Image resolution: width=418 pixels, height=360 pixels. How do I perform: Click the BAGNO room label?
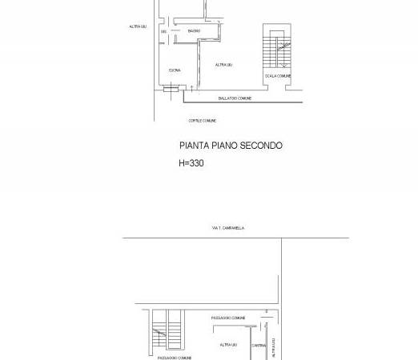(x=195, y=31)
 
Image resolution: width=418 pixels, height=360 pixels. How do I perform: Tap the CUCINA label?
(x=175, y=70)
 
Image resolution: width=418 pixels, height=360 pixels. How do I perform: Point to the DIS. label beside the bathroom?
(x=163, y=31)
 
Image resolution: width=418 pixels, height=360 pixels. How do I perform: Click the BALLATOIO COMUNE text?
(x=235, y=98)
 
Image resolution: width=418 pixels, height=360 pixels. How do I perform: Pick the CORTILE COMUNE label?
(x=202, y=121)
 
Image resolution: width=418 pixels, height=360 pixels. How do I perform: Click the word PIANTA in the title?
(x=195, y=146)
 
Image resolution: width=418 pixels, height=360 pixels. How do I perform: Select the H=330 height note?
(x=191, y=163)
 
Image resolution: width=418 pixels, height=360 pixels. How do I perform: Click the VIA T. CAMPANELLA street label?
(x=228, y=228)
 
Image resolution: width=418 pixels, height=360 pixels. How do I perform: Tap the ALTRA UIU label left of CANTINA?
(x=228, y=345)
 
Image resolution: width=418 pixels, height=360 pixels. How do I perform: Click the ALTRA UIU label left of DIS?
(x=137, y=26)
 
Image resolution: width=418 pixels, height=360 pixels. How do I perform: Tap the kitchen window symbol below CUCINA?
(x=170, y=90)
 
